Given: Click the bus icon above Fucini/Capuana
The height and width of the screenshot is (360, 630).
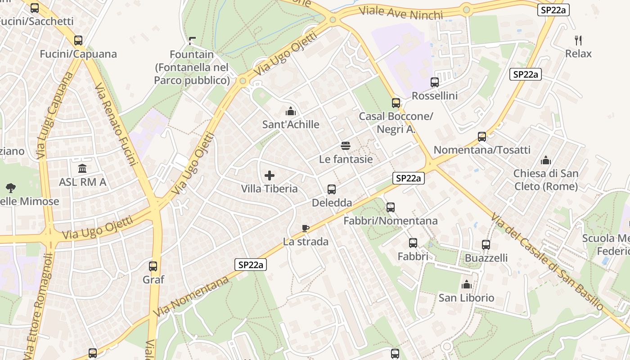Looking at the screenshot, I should (78, 40).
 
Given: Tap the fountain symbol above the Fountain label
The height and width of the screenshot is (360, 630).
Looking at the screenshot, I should (193, 41).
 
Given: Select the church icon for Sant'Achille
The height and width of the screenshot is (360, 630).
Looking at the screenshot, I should (291, 111).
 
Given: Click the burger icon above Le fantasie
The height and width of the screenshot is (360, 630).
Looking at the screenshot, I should (346, 145).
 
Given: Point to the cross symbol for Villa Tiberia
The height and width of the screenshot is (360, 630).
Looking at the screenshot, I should (270, 175).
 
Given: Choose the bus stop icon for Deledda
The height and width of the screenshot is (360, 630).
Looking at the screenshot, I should (332, 189).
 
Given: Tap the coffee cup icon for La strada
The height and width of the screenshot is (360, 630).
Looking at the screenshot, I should (306, 228).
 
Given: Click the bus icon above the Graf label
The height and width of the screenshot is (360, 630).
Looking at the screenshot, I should (153, 266).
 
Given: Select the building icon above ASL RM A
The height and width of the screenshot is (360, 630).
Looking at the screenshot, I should (83, 169).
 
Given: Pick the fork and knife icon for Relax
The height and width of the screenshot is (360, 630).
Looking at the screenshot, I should (579, 40).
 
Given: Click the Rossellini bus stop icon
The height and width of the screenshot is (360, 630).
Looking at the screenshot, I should (435, 82).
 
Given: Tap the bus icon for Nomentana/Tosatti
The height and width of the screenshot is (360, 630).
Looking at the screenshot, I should (482, 136).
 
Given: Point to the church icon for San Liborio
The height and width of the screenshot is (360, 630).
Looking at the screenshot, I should (466, 284).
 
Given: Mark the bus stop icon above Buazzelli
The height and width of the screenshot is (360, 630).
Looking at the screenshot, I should (486, 245).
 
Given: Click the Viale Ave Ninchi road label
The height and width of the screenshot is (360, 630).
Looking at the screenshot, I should (401, 12).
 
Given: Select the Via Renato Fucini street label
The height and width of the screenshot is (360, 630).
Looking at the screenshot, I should (116, 123).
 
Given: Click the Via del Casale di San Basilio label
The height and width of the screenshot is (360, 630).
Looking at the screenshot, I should (547, 261).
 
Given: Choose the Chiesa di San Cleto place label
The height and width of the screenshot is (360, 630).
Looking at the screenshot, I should (546, 180).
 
